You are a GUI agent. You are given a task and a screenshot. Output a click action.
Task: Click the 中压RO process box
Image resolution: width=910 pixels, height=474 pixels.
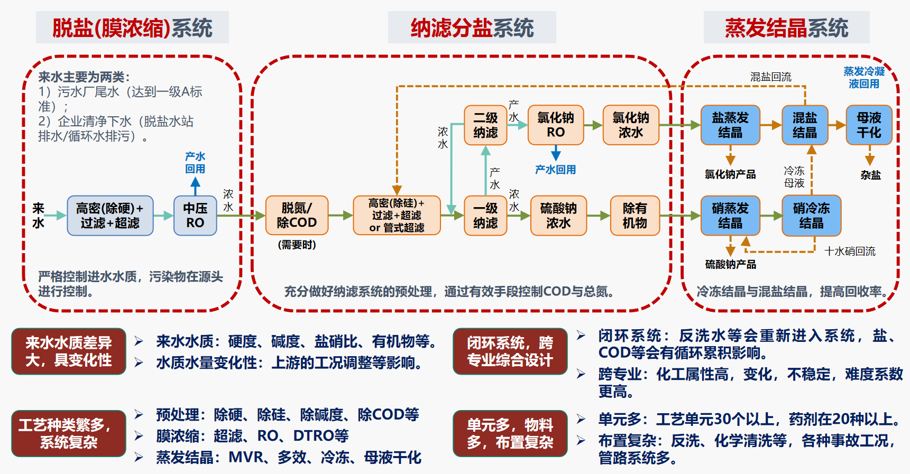point(195,216)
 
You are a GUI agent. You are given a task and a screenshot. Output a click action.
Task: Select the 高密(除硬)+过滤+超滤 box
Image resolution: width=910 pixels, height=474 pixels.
point(110,216)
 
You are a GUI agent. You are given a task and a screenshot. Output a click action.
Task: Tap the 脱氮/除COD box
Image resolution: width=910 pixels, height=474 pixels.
point(297,216)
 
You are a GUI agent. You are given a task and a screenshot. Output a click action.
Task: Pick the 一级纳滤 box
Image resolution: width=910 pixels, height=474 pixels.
point(485,216)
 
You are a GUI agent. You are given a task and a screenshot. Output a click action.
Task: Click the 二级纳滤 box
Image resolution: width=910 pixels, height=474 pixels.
point(485,125)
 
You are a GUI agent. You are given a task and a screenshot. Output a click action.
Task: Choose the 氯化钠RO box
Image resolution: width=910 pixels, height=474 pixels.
point(556,125)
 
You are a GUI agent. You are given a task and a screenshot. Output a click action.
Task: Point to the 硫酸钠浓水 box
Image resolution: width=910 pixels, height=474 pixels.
point(558,216)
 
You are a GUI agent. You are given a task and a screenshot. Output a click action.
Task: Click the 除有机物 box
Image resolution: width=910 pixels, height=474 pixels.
point(635,216)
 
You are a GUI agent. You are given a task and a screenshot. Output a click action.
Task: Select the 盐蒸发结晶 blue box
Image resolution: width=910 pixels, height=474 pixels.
point(730,125)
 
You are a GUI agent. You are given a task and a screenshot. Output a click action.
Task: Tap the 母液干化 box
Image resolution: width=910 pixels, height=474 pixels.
point(869,125)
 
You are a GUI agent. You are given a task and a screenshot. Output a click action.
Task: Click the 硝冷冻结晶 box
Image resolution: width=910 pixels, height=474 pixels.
point(811,216)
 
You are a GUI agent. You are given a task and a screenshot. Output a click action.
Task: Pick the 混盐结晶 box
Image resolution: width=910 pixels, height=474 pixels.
point(804,125)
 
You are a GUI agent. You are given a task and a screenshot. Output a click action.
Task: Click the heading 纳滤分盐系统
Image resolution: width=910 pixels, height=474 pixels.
point(472,28)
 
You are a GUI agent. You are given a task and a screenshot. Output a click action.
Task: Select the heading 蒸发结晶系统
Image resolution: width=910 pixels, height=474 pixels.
point(786,28)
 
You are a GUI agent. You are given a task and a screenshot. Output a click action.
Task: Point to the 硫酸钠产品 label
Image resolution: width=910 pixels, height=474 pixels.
point(730,264)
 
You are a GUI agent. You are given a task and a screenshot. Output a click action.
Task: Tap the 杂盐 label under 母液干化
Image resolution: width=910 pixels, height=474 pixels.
point(870,175)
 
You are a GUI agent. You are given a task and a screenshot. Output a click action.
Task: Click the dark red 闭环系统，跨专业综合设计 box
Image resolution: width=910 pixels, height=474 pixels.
point(510,351)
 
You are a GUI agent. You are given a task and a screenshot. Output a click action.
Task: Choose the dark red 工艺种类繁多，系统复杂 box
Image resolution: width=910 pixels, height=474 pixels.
point(69,433)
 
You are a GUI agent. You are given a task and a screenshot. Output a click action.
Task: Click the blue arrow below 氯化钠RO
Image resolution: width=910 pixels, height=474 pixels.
point(556,153)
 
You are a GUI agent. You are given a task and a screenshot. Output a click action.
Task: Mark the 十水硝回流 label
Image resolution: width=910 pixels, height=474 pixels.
point(850,252)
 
